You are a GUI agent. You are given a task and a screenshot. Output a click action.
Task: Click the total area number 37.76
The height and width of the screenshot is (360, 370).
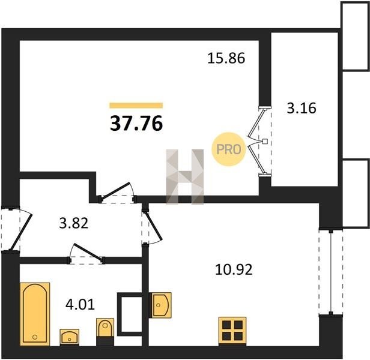[x=136, y=124]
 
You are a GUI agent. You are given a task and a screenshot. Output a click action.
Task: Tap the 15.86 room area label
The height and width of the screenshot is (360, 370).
[x=226, y=58]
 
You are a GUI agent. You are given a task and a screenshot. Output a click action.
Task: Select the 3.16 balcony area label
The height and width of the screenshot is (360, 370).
[x=302, y=108]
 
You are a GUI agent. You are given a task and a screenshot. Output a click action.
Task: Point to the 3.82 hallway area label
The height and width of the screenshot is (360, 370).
[x=74, y=223]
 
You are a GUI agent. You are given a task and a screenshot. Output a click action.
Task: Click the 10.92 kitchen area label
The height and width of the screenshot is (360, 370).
[x=234, y=269]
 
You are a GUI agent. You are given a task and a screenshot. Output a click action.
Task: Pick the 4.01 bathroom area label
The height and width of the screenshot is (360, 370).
[x=80, y=304]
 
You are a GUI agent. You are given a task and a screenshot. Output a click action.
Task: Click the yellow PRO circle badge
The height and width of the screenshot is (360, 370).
[x=229, y=149]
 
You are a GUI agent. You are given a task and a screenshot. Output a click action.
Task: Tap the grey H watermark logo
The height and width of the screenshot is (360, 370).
[x=185, y=176]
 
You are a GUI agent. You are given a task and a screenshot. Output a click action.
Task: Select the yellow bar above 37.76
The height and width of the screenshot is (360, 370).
[x=136, y=105]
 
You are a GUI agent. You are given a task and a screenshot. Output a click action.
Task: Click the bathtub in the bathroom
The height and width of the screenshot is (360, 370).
[x=35, y=314]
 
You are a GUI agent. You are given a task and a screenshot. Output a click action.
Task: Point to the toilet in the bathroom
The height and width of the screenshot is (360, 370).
[x=105, y=331]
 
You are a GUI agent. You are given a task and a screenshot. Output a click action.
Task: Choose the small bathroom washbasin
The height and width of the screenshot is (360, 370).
[x=70, y=337]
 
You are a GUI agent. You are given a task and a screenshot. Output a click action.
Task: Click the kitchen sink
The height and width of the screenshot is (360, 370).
[x=161, y=305]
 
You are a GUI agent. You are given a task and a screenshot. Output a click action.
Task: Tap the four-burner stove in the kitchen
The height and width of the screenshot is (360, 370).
[x=232, y=331]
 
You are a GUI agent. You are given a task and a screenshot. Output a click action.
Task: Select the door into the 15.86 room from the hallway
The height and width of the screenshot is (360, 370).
[x=118, y=193]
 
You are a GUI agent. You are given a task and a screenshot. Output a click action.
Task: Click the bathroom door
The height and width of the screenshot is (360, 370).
[x=86, y=254]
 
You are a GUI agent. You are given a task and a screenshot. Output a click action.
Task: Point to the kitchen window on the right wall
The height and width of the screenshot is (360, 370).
[x=331, y=272]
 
